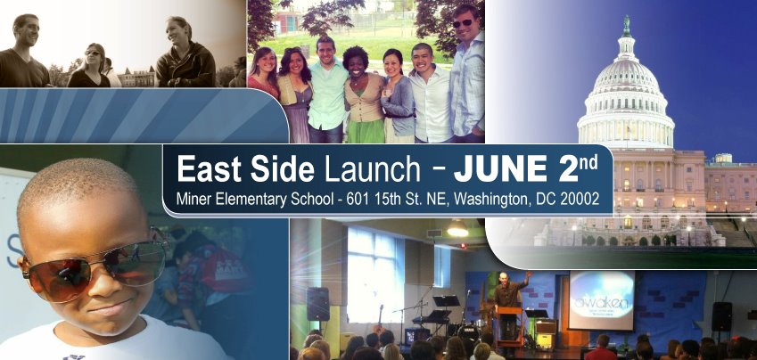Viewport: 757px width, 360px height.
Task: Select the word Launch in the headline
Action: pyautogui.click(x=372, y=169)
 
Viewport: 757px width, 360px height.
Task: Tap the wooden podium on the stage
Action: pyautogui.click(x=511, y=328)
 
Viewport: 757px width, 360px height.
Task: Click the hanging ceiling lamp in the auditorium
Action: pyautogui.click(x=457, y=229)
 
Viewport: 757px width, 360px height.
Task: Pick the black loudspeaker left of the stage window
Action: pyautogui.click(x=317, y=304)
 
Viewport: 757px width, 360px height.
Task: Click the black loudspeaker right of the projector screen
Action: pyautogui.click(x=721, y=316)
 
